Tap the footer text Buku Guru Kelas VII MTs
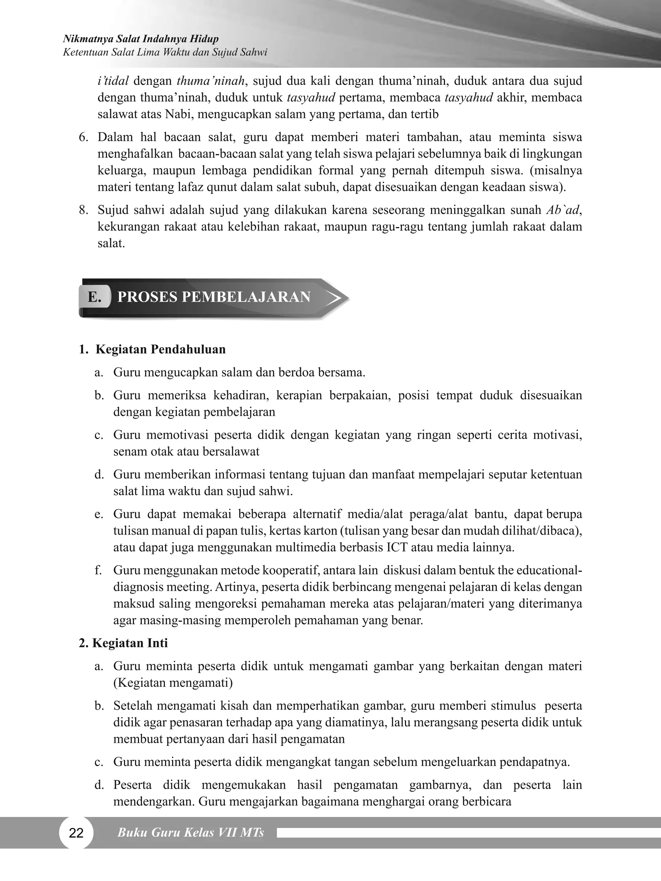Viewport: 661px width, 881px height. [190, 832]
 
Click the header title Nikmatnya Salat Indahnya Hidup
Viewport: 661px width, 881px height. [141, 39]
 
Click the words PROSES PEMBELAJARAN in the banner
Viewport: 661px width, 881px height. [214, 297]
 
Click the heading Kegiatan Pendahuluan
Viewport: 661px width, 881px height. [160, 349]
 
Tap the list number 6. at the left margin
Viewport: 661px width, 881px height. [83, 137]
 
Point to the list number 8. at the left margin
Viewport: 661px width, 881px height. [83, 210]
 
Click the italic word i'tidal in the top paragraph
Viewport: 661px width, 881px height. [113, 81]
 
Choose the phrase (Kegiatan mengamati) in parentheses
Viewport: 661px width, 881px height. [173, 683]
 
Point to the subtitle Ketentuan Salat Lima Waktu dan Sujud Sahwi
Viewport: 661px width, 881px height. [165, 52]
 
